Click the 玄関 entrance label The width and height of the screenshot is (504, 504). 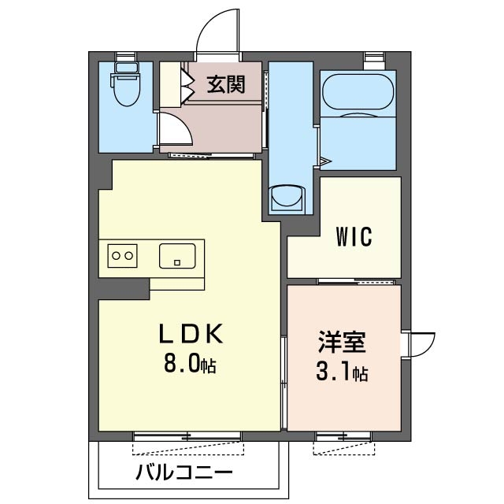tap(225, 84)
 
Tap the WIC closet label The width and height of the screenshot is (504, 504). tap(354, 236)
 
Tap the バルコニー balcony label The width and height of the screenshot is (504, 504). tap(183, 475)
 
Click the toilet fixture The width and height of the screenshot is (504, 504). tap(125, 88)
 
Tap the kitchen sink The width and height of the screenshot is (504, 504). tap(177, 255)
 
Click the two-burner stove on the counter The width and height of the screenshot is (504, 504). tap(123, 255)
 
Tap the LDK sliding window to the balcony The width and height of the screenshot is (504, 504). tap(187, 435)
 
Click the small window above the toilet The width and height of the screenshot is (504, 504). tap(125, 55)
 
